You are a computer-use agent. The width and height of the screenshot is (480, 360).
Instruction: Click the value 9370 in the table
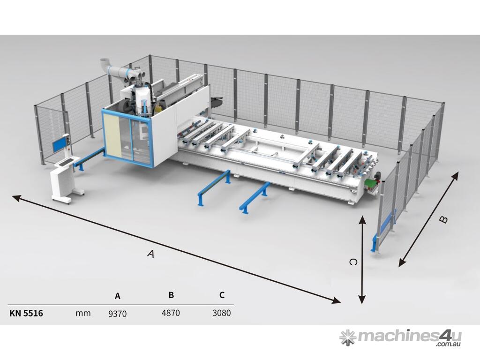click(117, 314)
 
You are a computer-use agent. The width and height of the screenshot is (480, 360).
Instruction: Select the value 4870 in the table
click(171, 313)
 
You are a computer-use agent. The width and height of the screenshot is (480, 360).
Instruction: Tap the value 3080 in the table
click(221, 313)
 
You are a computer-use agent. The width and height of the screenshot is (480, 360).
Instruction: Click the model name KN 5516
click(26, 313)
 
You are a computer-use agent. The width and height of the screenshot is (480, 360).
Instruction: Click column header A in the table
click(118, 296)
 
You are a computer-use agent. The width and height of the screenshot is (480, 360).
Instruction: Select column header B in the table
click(171, 295)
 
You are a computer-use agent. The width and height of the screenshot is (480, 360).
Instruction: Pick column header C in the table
click(222, 295)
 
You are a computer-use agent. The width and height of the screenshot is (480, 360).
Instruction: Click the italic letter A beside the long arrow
click(150, 254)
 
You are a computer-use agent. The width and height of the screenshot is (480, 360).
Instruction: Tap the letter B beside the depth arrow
click(444, 219)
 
